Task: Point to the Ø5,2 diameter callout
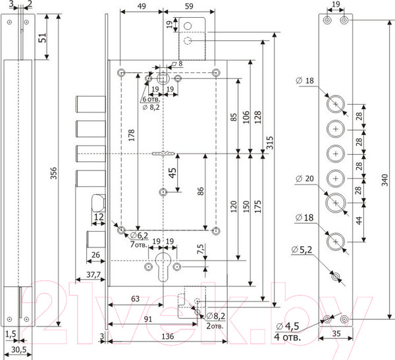(303, 249)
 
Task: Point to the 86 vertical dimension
(199, 191)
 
